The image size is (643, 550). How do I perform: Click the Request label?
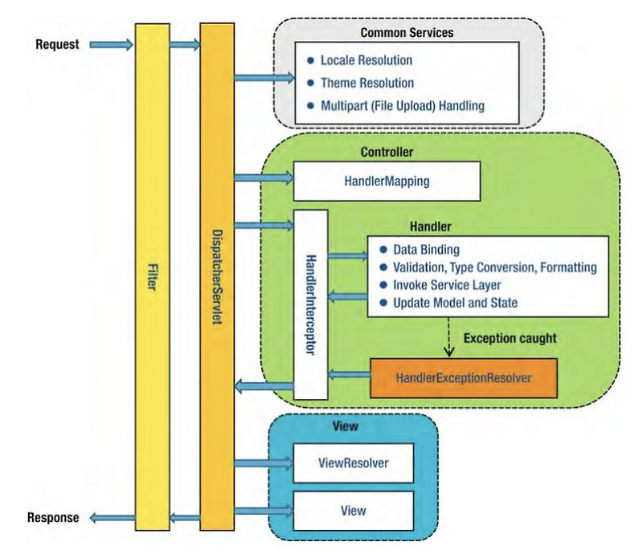coord(57,44)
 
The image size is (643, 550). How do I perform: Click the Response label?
coord(52,517)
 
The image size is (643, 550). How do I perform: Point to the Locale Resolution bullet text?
coord(367,61)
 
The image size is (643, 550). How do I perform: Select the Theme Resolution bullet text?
coord(367,83)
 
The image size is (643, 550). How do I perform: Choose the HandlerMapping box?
coord(387,181)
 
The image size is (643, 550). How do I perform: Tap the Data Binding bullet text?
coord(425,250)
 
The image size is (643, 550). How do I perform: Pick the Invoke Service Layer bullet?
coord(447,285)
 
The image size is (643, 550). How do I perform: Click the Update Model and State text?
coord(454,303)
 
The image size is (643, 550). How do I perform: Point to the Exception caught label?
coord(510,340)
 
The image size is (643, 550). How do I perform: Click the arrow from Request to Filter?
coord(110,45)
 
